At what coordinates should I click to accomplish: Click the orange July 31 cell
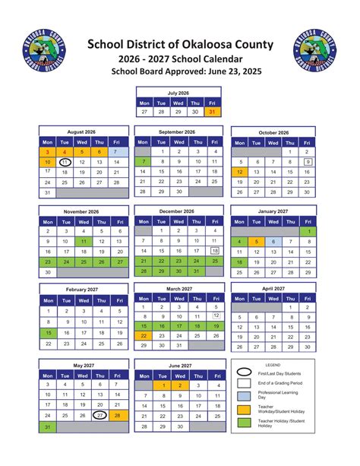[x=212, y=112]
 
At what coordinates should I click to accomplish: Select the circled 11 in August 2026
[x=65, y=163]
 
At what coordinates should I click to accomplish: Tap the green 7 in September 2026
[x=142, y=162]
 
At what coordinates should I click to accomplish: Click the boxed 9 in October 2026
[x=308, y=162]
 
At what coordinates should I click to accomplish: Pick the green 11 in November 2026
[x=83, y=241]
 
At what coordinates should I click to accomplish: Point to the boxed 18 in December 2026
[x=214, y=250]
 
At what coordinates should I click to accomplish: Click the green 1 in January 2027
[x=308, y=231]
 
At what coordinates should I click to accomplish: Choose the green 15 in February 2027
[x=47, y=332]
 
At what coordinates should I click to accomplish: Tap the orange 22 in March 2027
[x=143, y=335]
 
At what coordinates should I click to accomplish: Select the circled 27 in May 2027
[x=99, y=416]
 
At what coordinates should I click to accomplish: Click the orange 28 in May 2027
[x=118, y=416]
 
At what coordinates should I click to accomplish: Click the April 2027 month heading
[x=272, y=289]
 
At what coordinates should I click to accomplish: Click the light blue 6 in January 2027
[x=272, y=242]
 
